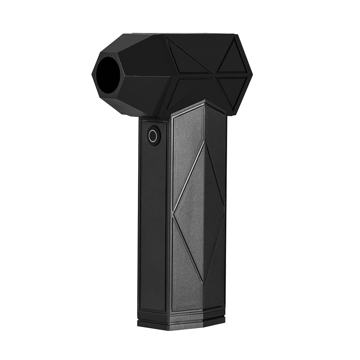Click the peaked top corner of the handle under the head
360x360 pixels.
[204, 102]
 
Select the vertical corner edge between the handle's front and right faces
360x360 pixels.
[204, 216]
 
